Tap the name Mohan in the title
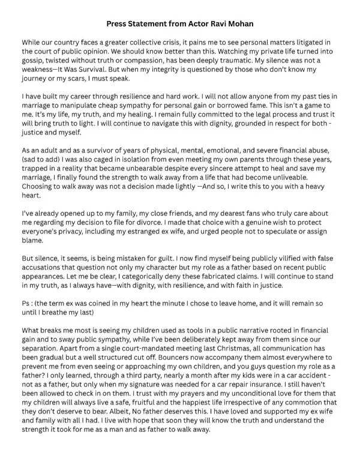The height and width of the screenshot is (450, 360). pos(239,24)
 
